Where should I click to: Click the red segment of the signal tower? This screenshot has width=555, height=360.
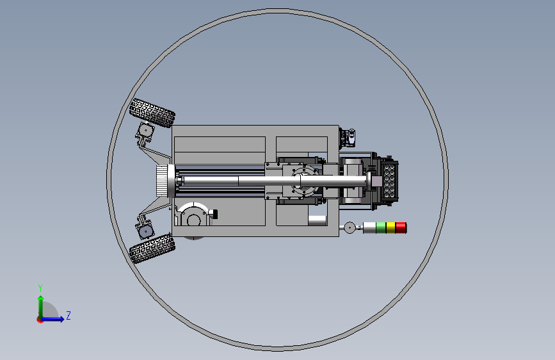(x=401, y=228)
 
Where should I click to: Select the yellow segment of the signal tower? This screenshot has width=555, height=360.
(x=390, y=228)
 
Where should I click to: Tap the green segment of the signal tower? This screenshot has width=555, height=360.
(x=381, y=228)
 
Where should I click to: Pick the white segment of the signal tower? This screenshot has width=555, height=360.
(x=370, y=228)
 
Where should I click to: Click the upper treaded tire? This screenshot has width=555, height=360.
(x=152, y=112)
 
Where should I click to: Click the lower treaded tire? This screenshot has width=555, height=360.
(x=152, y=249)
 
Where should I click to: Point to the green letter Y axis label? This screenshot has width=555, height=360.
(x=40, y=288)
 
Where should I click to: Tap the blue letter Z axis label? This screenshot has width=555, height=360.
(x=68, y=315)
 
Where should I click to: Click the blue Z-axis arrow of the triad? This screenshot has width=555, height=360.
(x=52, y=319)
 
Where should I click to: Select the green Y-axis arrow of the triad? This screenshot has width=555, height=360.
(x=41, y=307)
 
